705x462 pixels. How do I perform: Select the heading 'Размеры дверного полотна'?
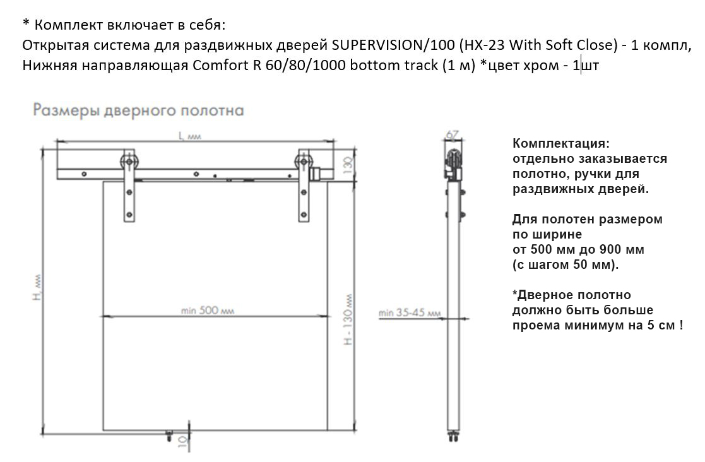pos(138,110)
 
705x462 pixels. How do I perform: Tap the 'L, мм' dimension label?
pos(190,136)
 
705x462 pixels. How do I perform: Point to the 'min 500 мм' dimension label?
pos(207,310)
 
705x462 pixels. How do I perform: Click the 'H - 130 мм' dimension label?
pos(348,320)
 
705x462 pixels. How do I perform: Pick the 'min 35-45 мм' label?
pos(409,312)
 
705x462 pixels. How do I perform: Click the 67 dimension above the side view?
pos(453,135)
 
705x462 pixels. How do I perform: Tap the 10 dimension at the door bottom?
pos(182,442)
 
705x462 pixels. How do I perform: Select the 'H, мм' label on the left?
pos(38,288)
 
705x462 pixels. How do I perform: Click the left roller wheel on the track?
pos(129,162)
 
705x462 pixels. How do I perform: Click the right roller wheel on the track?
pos(304,162)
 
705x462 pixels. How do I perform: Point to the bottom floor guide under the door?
pos(169,434)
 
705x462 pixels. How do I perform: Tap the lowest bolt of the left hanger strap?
pos(129,215)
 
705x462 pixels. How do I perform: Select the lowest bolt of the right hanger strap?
pos(304,215)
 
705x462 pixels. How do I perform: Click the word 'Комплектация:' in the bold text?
pos(561,143)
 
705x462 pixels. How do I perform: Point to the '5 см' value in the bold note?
pos(661,325)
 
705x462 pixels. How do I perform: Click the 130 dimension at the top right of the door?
pos(348,165)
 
